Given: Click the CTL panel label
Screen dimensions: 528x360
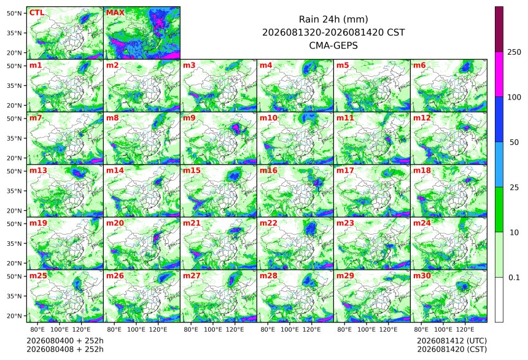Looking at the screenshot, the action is tap(37, 13).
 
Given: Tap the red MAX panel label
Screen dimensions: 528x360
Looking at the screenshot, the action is tap(115, 13).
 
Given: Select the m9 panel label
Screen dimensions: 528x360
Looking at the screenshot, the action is tap(189, 118).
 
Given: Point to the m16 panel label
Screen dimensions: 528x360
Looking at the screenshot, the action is tap(268, 171).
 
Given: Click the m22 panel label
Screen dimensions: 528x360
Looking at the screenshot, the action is tap(268, 223).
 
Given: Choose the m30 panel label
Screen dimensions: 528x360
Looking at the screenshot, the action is tap(422, 276).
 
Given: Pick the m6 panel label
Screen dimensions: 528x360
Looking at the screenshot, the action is tap(419, 65).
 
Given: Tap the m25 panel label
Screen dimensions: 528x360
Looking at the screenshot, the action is tap(38, 276).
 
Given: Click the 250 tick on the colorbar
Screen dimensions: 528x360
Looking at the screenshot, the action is tap(514, 52).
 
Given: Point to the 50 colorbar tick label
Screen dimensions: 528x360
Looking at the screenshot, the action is tap(514, 143).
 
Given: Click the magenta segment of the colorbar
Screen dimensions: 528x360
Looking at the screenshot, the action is tap(499, 74).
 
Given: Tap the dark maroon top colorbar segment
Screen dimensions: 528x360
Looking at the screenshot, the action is tap(499, 29).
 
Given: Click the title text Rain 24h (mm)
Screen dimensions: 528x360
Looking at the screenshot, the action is tap(333, 19).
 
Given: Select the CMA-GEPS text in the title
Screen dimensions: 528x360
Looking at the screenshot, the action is tap(333, 45).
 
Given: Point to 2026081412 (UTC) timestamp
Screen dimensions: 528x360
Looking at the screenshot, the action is tap(452, 341).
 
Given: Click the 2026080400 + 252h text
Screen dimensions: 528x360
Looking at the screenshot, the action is tap(65, 341).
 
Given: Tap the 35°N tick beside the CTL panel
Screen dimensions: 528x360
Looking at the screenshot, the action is tap(14, 33).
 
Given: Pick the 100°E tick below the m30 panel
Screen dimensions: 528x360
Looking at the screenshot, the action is tap(443, 329).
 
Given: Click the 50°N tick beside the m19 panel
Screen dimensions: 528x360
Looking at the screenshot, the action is tap(14, 224).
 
